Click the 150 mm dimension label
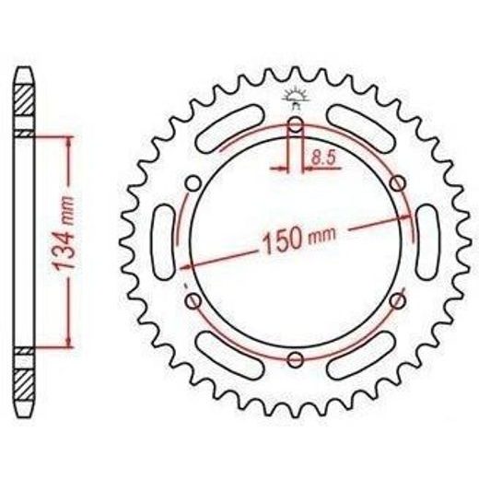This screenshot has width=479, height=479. [x=299, y=240]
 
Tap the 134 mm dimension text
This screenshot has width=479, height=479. [x=64, y=234]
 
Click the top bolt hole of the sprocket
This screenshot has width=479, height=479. [x=296, y=124]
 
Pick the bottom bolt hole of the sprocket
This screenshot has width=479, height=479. [x=296, y=359]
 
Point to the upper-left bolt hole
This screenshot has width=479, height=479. [x=193, y=183]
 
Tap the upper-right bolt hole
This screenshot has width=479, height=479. [x=398, y=183]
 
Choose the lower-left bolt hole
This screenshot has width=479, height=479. [x=193, y=301]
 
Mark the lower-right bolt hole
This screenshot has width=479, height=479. [x=398, y=301]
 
